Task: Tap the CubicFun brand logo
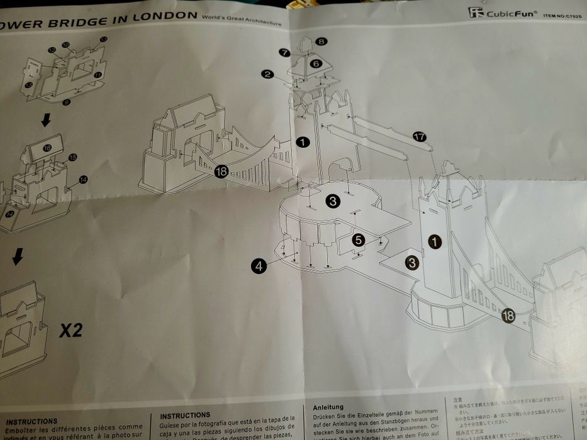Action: pos(503,13)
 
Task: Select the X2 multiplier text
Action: pos(70,330)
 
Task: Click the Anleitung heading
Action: pos(328,407)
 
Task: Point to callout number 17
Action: pos(420,136)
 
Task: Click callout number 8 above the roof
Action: pos(321,41)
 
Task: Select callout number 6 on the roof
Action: pos(315,63)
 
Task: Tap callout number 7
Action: pos(284,53)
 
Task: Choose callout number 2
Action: pos(268,74)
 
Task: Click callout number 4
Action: pos(258,267)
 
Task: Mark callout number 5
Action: pos(358,239)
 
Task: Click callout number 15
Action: pos(72,157)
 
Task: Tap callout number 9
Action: pos(67,102)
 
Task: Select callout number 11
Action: pos(98,75)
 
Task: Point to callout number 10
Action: pos(65,45)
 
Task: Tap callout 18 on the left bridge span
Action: pos(220,170)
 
